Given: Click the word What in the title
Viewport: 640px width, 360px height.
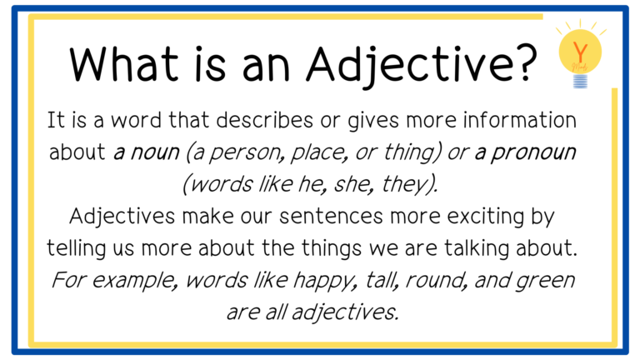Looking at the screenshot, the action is pyautogui.click(x=123, y=63).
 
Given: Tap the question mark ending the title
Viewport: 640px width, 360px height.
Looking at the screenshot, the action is pyautogui.click(x=527, y=62).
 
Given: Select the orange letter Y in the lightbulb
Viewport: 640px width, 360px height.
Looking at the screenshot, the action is pyautogui.click(x=580, y=52).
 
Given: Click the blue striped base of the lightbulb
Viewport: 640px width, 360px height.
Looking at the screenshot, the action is pyautogui.click(x=580, y=81).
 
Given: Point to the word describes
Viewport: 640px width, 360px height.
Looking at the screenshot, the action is pyautogui.click(x=264, y=120).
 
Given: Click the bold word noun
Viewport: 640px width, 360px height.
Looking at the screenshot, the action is pyautogui.click(x=156, y=152).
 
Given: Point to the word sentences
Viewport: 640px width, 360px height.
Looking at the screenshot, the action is pyautogui.click(x=331, y=217).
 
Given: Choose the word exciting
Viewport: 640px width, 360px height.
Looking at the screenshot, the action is pyautogui.click(x=485, y=217).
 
